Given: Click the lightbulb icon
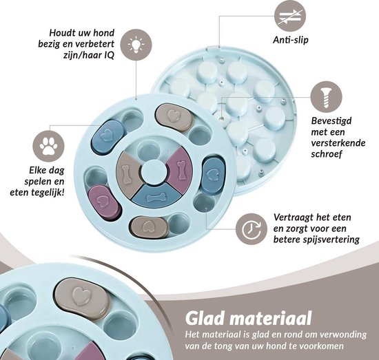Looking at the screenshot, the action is (136, 45).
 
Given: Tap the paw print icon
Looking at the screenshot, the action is (49, 146).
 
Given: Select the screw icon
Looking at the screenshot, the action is (327, 97).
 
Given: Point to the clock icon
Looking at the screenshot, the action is (252, 229).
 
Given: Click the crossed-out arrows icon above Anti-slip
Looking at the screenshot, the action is (290, 16).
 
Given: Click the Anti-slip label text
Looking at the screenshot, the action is (291, 40).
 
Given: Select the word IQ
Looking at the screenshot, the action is (108, 56).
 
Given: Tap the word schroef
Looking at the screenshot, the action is (327, 153).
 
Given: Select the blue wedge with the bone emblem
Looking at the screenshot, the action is (156, 195).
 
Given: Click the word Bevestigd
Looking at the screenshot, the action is (331, 121).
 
